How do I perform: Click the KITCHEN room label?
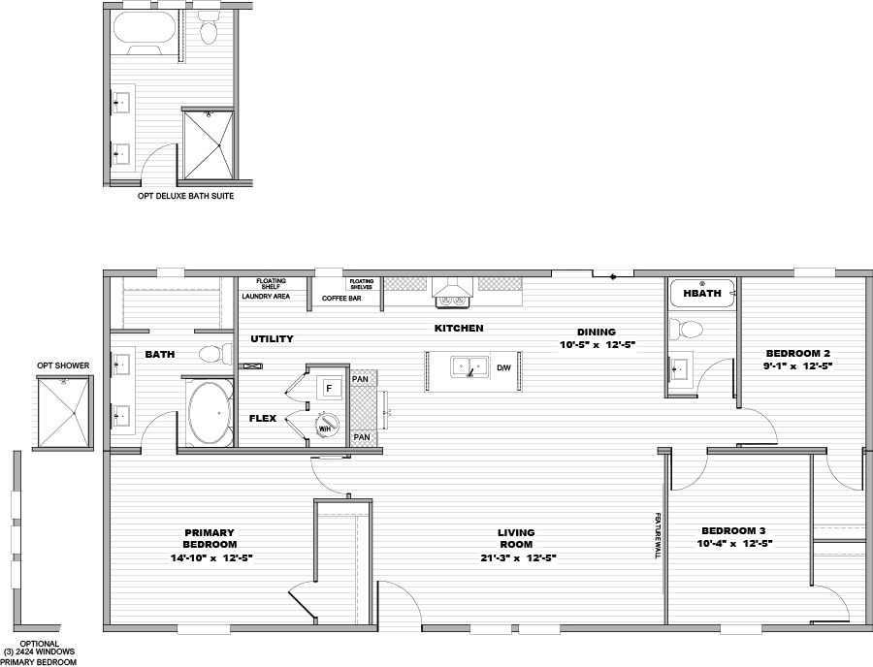point(459,329)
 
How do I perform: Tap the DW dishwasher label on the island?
point(503,367)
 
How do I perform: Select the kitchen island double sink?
point(469,367)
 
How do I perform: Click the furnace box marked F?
point(329,388)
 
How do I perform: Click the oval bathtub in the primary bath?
point(209,413)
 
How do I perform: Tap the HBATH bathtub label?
point(701,293)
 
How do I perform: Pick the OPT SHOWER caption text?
point(63,365)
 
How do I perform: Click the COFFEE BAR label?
point(341,299)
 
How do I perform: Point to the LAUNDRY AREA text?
point(266,297)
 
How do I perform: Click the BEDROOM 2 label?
point(798,353)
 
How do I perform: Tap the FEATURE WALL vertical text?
point(658,536)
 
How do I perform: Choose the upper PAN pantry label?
point(360,379)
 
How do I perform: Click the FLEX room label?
point(263,419)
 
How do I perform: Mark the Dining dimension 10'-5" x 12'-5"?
point(598,345)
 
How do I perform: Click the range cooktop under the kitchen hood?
point(453,301)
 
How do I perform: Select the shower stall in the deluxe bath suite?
point(209,145)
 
